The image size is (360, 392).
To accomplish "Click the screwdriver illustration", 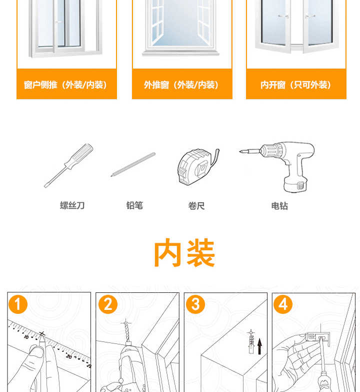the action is coord(68,165).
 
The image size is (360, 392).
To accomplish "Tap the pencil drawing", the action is coord(133,164).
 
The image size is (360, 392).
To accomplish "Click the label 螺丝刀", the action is coord(72,205).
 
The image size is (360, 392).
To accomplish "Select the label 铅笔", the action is coord(134,205).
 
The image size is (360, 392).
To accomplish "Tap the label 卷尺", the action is coord(196,206).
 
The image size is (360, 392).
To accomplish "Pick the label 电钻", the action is coord(279,206).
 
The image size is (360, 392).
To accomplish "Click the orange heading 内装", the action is coord(184,252).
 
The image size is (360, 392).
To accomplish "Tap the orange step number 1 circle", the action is coord(17,304).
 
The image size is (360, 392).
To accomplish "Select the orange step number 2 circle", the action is coord(108,304).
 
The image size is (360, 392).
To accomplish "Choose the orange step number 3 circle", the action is coord(195,304).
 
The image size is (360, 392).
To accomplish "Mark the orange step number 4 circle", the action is coord(283,304).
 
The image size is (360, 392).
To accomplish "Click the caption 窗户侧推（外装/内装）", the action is coord(66,85).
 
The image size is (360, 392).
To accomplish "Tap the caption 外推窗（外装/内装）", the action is coord(181,85).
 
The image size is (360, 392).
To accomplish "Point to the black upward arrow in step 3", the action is coord(259,346).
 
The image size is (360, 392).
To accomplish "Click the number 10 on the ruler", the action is coord(26,337).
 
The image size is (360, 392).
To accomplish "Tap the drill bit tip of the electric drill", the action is coord(240,151).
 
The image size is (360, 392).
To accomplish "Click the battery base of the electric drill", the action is coord(295,186).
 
